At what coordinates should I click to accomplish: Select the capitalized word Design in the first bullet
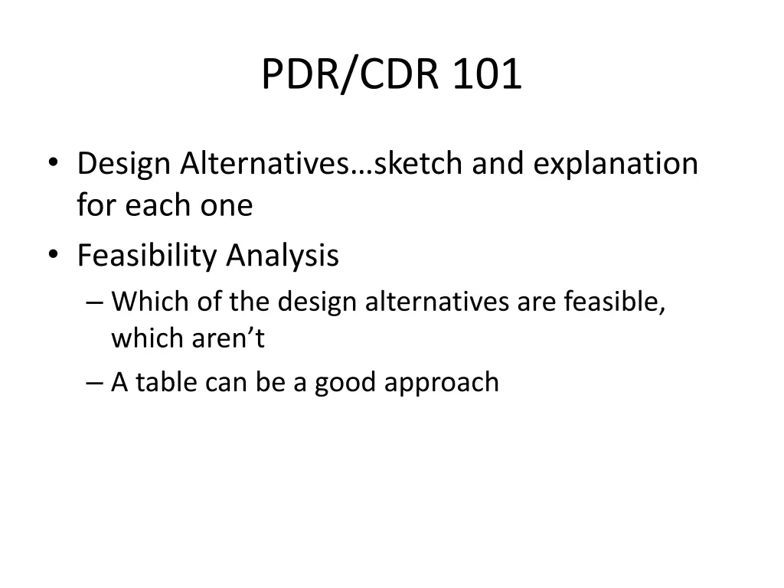point(125,164)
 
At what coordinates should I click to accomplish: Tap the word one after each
point(227,205)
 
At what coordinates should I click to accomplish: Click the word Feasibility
point(148,256)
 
